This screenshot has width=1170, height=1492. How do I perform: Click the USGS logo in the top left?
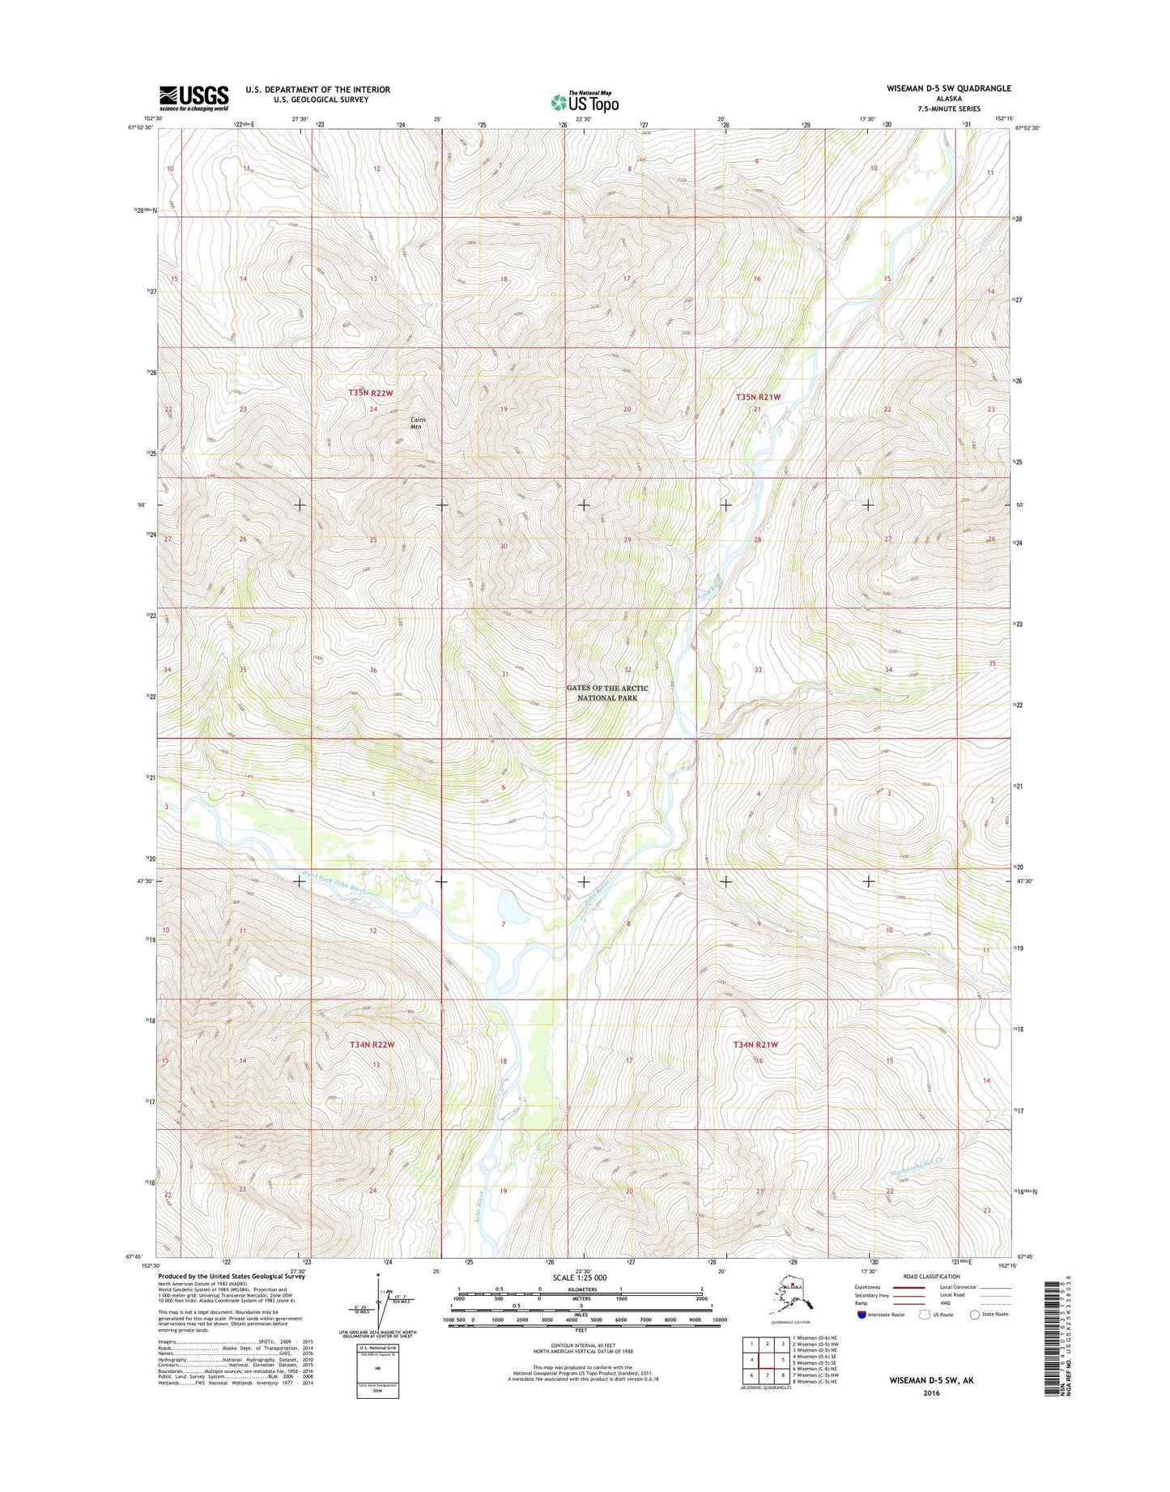pyautogui.click(x=194, y=98)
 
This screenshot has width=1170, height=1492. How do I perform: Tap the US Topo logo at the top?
pyautogui.click(x=585, y=102)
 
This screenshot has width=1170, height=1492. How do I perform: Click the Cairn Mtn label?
pyautogui.click(x=417, y=423)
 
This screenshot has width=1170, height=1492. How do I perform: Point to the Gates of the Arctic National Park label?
pyautogui.click(x=607, y=693)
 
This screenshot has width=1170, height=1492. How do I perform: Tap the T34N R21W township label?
pyautogui.click(x=755, y=1044)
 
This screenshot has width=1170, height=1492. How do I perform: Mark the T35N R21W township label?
pyautogui.click(x=759, y=397)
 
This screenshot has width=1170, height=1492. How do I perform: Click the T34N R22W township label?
pyautogui.click(x=372, y=1045)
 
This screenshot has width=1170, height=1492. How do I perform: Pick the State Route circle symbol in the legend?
pyautogui.click(x=974, y=1315)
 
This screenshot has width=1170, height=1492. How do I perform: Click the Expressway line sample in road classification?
pyautogui.click(x=908, y=1287)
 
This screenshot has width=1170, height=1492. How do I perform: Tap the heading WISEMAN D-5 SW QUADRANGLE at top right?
pyautogui.click(x=937, y=88)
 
